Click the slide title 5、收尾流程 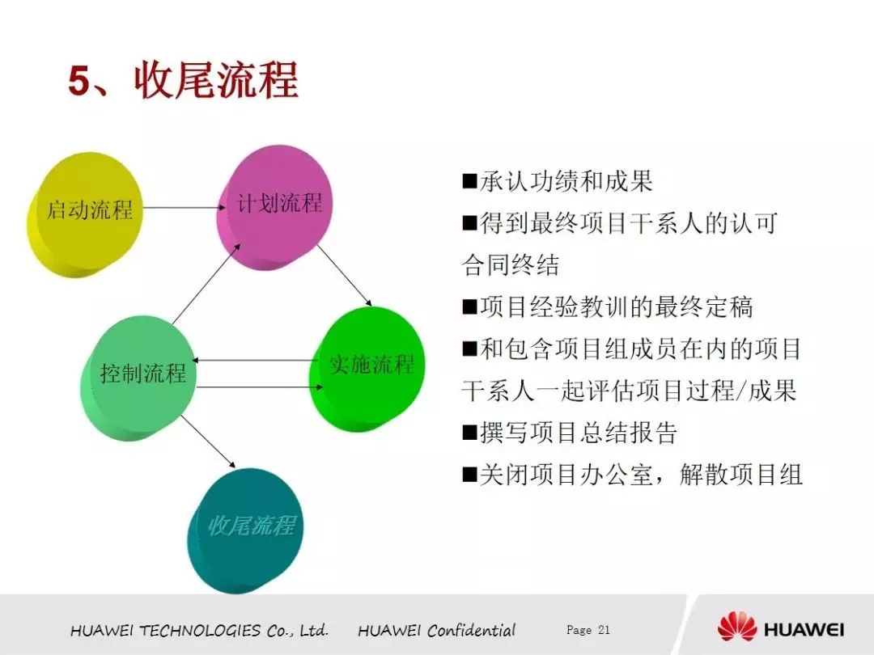tap(183, 81)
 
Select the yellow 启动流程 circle tap(85, 214)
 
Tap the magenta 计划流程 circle tap(274, 207)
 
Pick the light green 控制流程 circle tap(138, 378)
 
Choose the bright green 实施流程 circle tap(367, 369)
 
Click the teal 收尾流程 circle tap(246, 530)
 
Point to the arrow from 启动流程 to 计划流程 tap(185, 208)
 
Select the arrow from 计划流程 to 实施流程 tap(345, 276)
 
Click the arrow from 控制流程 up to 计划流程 tap(206, 283)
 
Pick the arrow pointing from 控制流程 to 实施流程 tap(260, 387)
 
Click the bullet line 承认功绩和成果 tap(558, 181)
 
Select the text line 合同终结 tap(511, 264)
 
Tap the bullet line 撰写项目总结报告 tap(570, 432)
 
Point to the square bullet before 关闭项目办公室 tap(470, 475)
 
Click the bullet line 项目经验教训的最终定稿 tap(608, 307)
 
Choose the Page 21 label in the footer tap(588, 630)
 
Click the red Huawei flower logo tap(737, 626)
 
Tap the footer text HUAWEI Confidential tap(436, 631)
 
